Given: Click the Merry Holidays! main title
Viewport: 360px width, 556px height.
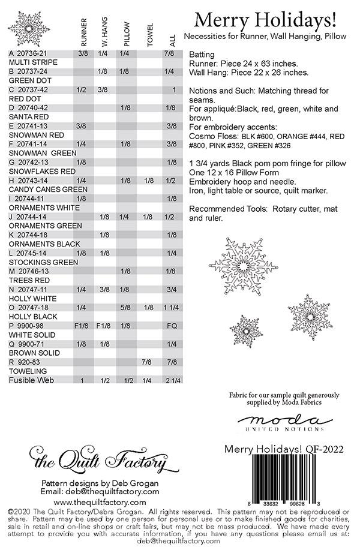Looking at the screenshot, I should [x=273, y=20].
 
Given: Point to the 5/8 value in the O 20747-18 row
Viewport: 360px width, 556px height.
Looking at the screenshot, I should [x=126, y=308].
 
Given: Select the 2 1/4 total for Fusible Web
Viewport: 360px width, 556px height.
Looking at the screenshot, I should [x=172, y=380].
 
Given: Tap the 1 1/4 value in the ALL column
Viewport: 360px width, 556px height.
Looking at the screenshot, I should [x=172, y=308].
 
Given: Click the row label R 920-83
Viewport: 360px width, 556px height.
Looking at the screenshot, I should [x=24, y=362].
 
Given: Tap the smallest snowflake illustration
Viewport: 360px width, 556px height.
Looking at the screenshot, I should [x=246, y=329].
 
